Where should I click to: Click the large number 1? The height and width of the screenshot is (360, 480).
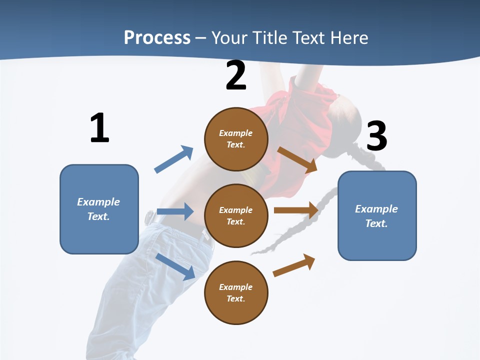click(x=99, y=128)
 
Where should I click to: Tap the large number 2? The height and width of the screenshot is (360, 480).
click(x=236, y=75)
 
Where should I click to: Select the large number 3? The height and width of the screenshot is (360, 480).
click(x=376, y=136)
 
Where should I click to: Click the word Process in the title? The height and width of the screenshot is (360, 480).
click(x=157, y=37)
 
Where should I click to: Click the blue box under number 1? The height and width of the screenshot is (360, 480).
click(x=99, y=209)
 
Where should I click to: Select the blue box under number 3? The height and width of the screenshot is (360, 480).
click(x=377, y=216)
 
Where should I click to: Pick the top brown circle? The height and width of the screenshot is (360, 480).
click(x=236, y=139)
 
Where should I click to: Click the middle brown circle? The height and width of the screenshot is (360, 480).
click(x=236, y=216)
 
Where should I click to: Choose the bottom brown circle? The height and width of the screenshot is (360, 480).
click(x=236, y=293)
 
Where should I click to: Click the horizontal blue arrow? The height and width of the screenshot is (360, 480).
click(x=175, y=211)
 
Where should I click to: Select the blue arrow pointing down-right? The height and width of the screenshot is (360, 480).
click(x=175, y=266)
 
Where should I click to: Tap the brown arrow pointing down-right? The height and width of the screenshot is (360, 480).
click(x=297, y=159)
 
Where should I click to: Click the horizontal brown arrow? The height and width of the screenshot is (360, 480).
click(x=296, y=210)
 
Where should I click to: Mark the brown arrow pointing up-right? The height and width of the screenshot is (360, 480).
click(x=294, y=265)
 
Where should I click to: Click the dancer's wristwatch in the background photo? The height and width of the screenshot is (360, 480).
click(x=149, y=218)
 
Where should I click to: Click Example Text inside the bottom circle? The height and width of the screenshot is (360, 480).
click(x=236, y=293)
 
